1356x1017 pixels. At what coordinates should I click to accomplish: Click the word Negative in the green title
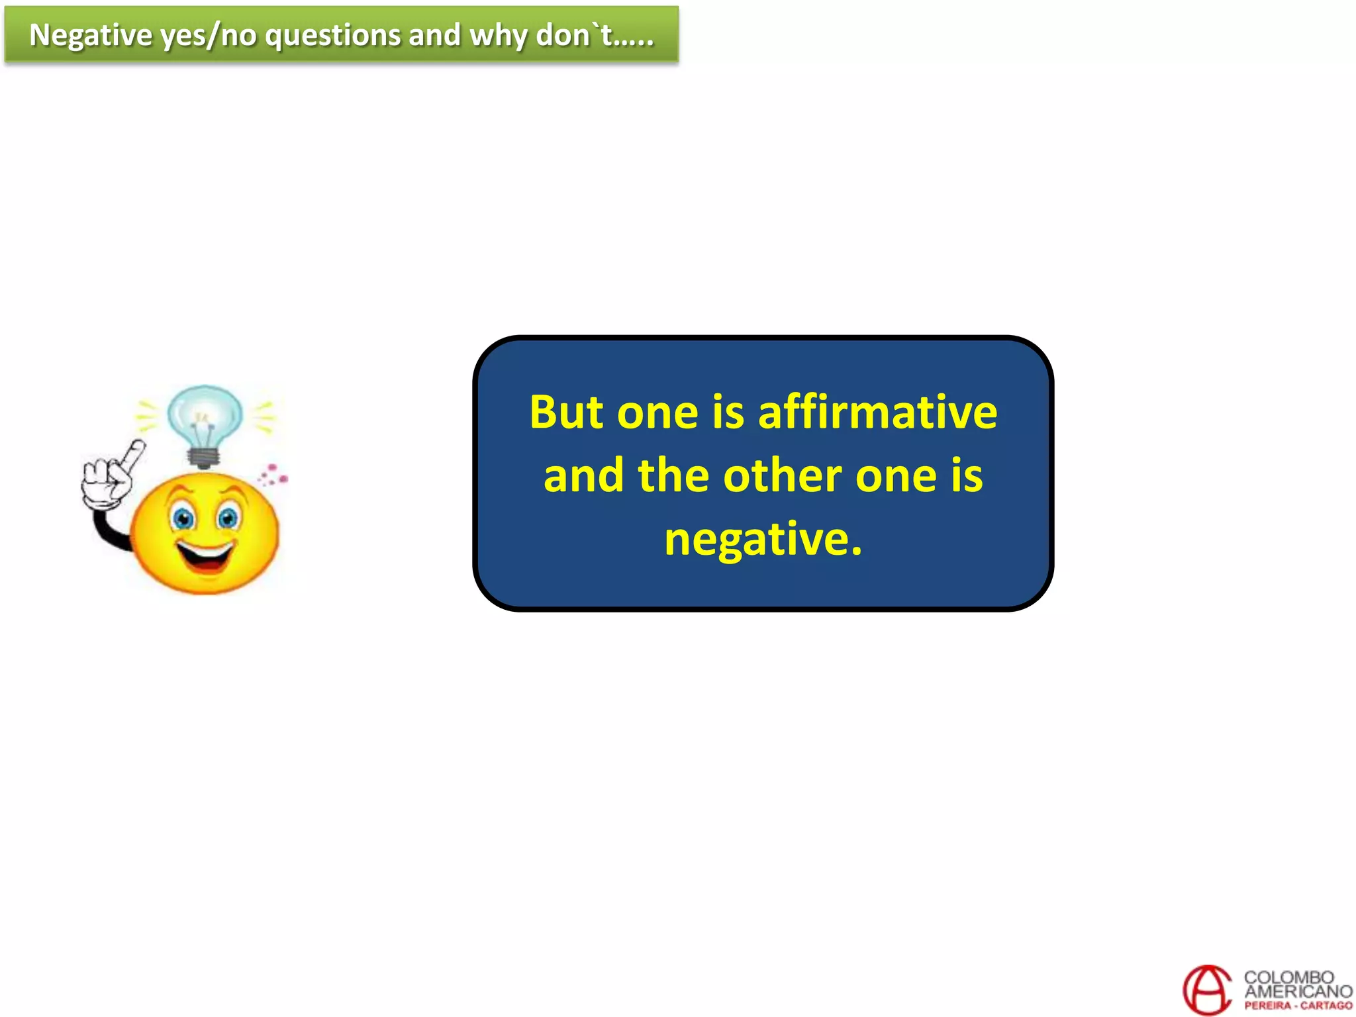91,36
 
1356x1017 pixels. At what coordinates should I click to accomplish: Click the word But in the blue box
566,412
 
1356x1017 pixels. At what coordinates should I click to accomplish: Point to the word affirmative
877,412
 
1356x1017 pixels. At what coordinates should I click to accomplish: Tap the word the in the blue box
673,475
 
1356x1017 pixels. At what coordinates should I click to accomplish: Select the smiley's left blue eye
183,518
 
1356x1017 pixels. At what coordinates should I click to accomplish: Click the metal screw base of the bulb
204,457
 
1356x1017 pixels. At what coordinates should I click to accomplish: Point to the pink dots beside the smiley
273,475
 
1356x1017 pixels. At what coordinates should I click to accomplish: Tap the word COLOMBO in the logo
1288,977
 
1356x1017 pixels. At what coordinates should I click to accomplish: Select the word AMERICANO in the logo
1298,991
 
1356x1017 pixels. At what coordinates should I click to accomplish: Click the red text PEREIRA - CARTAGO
1298,1005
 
